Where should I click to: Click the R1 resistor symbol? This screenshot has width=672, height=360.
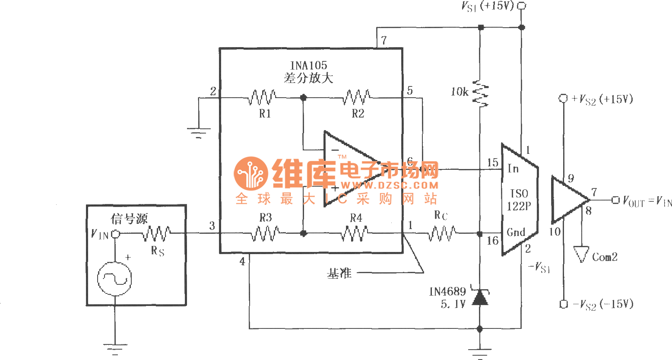coord(262,97)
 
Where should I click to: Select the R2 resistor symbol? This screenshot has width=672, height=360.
coord(356,97)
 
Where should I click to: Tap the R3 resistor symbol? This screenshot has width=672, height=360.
coord(265,234)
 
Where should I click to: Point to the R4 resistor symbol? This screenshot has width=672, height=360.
coord(355,234)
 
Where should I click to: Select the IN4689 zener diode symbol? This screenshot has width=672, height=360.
coord(480,298)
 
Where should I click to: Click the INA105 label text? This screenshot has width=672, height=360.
coord(308,66)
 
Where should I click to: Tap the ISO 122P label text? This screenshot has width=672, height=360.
coord(519,200)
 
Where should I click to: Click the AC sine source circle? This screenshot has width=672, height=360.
coord(114,279)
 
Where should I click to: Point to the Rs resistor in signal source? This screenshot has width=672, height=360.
coord(156,234)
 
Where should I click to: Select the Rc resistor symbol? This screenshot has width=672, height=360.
coord(442,234)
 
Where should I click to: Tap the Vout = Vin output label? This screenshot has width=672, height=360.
coord(647,201)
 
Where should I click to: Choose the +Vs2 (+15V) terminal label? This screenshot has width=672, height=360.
coord(602,99)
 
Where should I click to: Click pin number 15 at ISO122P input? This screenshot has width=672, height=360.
coord(492,163)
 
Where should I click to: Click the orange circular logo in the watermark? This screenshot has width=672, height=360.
coord(250,173)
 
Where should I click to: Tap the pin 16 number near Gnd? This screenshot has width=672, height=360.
coord(492,241)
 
